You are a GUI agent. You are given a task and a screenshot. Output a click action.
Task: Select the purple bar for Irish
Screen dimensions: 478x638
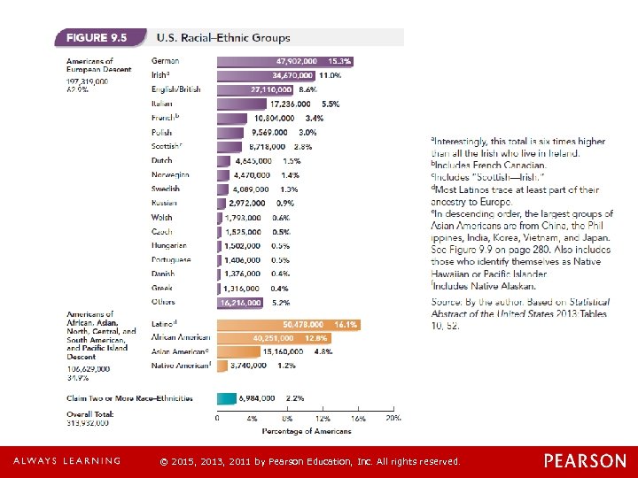[x=267, y=75]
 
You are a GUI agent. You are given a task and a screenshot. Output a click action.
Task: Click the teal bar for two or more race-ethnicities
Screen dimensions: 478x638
[x=227, y=398]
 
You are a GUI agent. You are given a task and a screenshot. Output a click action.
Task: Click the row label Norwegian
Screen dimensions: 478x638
[x=170, y=174]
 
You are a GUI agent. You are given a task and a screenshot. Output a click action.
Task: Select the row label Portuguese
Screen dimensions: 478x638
[x=171, y=259]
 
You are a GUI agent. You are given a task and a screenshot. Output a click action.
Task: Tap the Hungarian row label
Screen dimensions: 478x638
[x=170, y=245]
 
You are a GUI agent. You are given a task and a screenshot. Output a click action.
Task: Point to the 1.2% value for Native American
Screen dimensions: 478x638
[x=286, y=364]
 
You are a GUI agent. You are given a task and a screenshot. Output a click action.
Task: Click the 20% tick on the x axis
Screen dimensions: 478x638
[x=393, y=417]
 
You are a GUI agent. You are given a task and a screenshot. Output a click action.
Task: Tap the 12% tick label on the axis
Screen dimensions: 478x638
[x=323, y=417]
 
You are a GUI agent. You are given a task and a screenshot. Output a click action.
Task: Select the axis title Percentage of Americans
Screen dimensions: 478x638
[x=306, y=431]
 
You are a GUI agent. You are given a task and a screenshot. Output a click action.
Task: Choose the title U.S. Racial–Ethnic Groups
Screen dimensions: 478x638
[x=223, y=38]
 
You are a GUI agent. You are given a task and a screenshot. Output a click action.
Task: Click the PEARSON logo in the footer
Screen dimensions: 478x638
[x=584, y=460]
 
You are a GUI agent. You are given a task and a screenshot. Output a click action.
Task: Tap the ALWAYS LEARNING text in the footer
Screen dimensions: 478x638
[x=66, y=461]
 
